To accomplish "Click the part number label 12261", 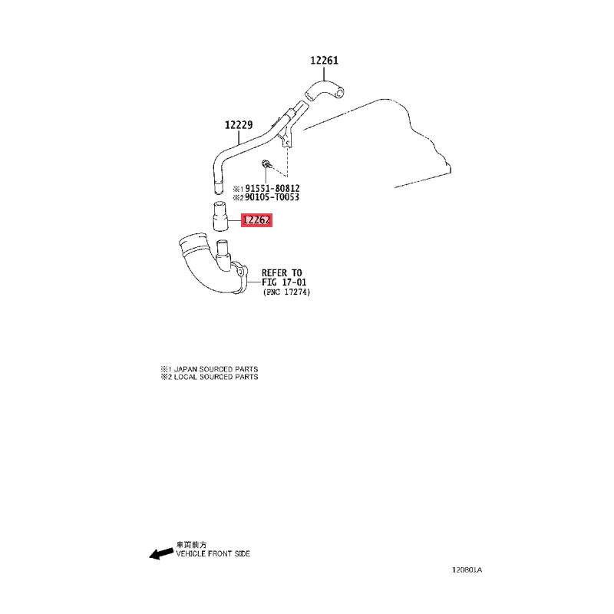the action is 324,61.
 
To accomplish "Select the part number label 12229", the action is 239,125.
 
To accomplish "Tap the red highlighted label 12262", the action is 256,220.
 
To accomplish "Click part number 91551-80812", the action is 272,188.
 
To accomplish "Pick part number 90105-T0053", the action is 272,197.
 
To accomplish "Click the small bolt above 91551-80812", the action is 266,163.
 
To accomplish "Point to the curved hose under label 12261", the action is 324,91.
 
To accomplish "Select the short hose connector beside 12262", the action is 220,216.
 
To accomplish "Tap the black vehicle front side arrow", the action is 161,553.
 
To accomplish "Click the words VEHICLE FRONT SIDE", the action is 213,553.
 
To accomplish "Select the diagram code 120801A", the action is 467,569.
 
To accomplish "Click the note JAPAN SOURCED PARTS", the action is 216,369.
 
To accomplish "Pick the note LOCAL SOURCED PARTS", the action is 216,377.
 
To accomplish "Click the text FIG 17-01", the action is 284,282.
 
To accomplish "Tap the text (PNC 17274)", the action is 286,292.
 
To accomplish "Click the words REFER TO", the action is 282,273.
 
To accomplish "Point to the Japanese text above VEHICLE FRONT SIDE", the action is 191,545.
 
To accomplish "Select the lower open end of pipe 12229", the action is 219,188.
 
